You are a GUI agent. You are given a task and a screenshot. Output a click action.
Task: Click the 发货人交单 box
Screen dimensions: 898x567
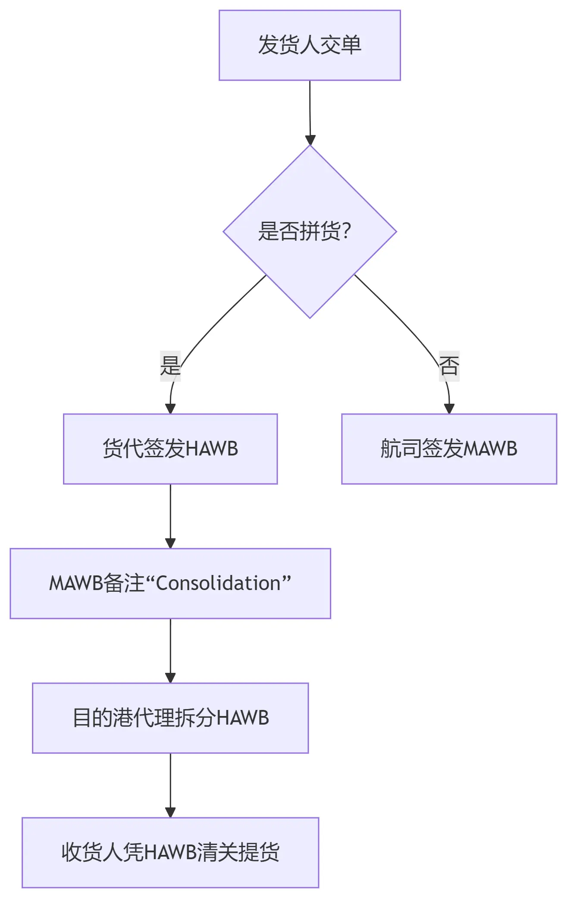coord(310,45)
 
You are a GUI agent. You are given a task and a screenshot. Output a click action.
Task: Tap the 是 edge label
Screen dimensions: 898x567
coord(170,366)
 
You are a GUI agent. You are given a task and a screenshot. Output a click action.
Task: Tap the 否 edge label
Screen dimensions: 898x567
coord(449,366)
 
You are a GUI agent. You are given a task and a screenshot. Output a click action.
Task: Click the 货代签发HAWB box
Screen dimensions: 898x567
coord(170,449)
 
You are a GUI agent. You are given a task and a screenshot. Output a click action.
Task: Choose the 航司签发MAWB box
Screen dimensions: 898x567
coord(449,449)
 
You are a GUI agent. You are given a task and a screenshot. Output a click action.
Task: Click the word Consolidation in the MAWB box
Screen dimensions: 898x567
coord(218,583)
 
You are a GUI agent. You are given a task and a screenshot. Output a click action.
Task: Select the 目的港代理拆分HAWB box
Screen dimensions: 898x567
coord(170,718)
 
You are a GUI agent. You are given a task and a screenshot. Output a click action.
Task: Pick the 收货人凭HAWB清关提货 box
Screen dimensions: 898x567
coord(170,852)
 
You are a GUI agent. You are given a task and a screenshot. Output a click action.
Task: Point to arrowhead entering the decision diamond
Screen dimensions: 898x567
coord(310,140)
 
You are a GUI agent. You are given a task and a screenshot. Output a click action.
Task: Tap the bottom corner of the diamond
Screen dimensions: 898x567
coord(310,317)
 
